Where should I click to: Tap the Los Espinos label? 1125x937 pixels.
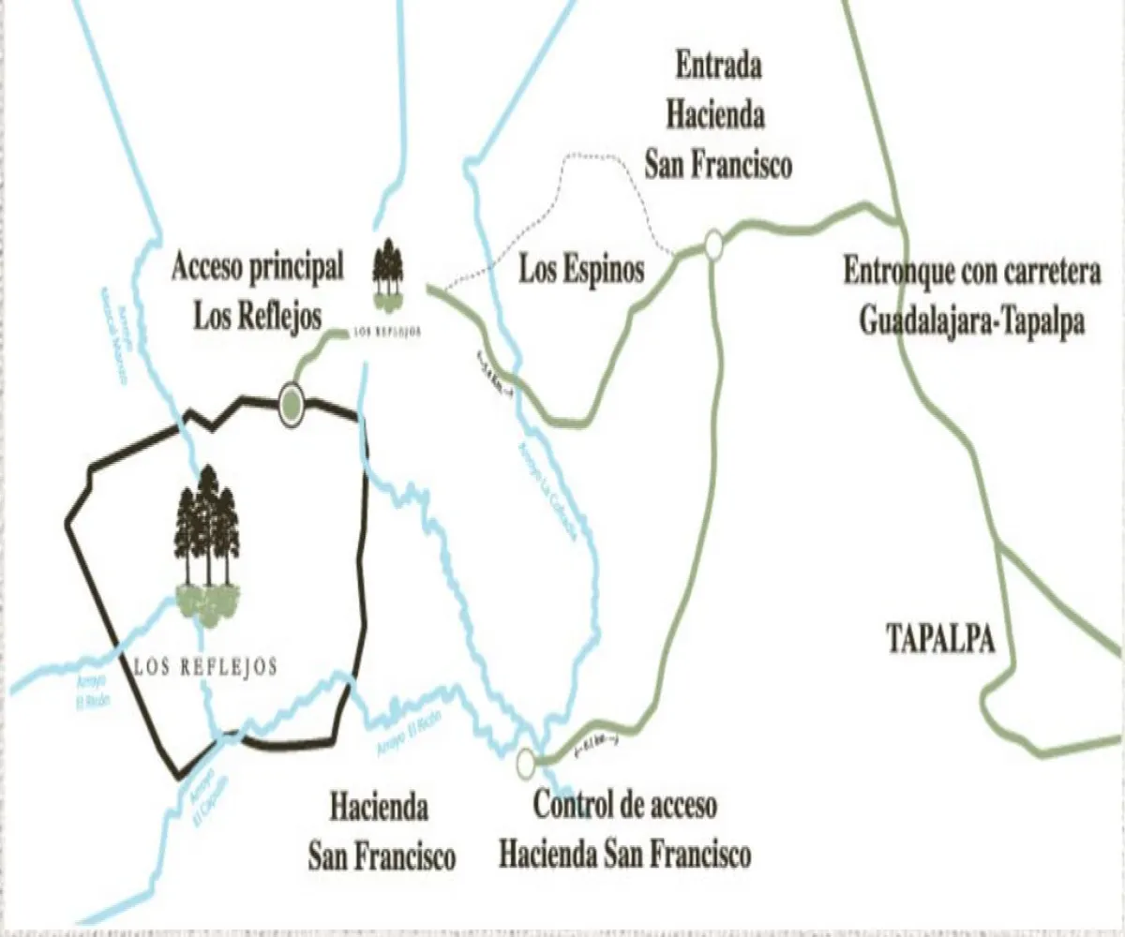[582, 270]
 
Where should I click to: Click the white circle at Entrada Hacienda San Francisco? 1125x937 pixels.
[713, 245]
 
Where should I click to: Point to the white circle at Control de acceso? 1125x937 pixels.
[526, 763]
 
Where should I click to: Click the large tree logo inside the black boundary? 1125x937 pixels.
[207, 543]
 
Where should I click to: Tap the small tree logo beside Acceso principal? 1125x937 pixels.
[385, 274]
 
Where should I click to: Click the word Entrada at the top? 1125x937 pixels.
[718, 67]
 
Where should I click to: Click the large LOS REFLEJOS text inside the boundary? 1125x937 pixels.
[205, 667]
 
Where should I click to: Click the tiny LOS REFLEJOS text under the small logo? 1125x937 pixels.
[385, 331]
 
